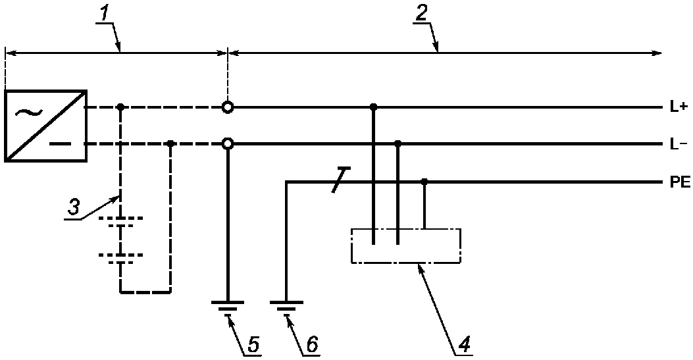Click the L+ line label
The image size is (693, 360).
pos(677,107)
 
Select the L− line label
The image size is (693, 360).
pos(677,144)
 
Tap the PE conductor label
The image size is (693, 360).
pos(680,182)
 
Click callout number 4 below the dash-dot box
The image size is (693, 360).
pos(465,344)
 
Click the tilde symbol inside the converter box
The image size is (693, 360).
pos(28,112)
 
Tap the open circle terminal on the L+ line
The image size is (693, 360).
pos(227,107)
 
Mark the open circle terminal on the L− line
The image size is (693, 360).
pos(227,144)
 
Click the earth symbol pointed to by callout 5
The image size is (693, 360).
pos(227,305)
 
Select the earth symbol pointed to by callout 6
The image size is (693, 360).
pos(286,305)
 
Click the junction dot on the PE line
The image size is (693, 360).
pos(424,181)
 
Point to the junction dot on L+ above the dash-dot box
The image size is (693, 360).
pos(373,107)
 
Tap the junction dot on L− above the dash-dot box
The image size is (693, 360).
pos(398,143)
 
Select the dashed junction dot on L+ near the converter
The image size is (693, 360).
pos(120,107)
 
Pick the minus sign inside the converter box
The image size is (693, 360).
pos(57,144)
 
